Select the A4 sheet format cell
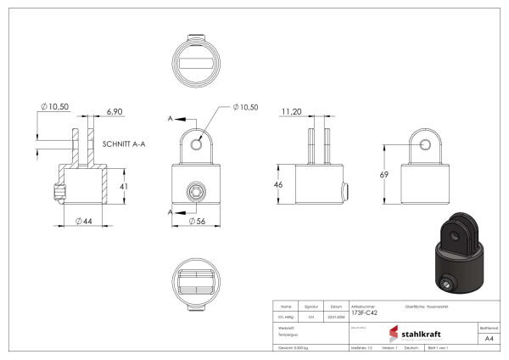click(x=489, y=337)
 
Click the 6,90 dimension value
click(x=115, y=112)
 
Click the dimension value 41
click(x=123, y=185)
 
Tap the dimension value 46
click(x=277, y=183)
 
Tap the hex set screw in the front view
click(x=197, y=194)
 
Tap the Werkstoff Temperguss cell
click(x=288, y=331)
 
